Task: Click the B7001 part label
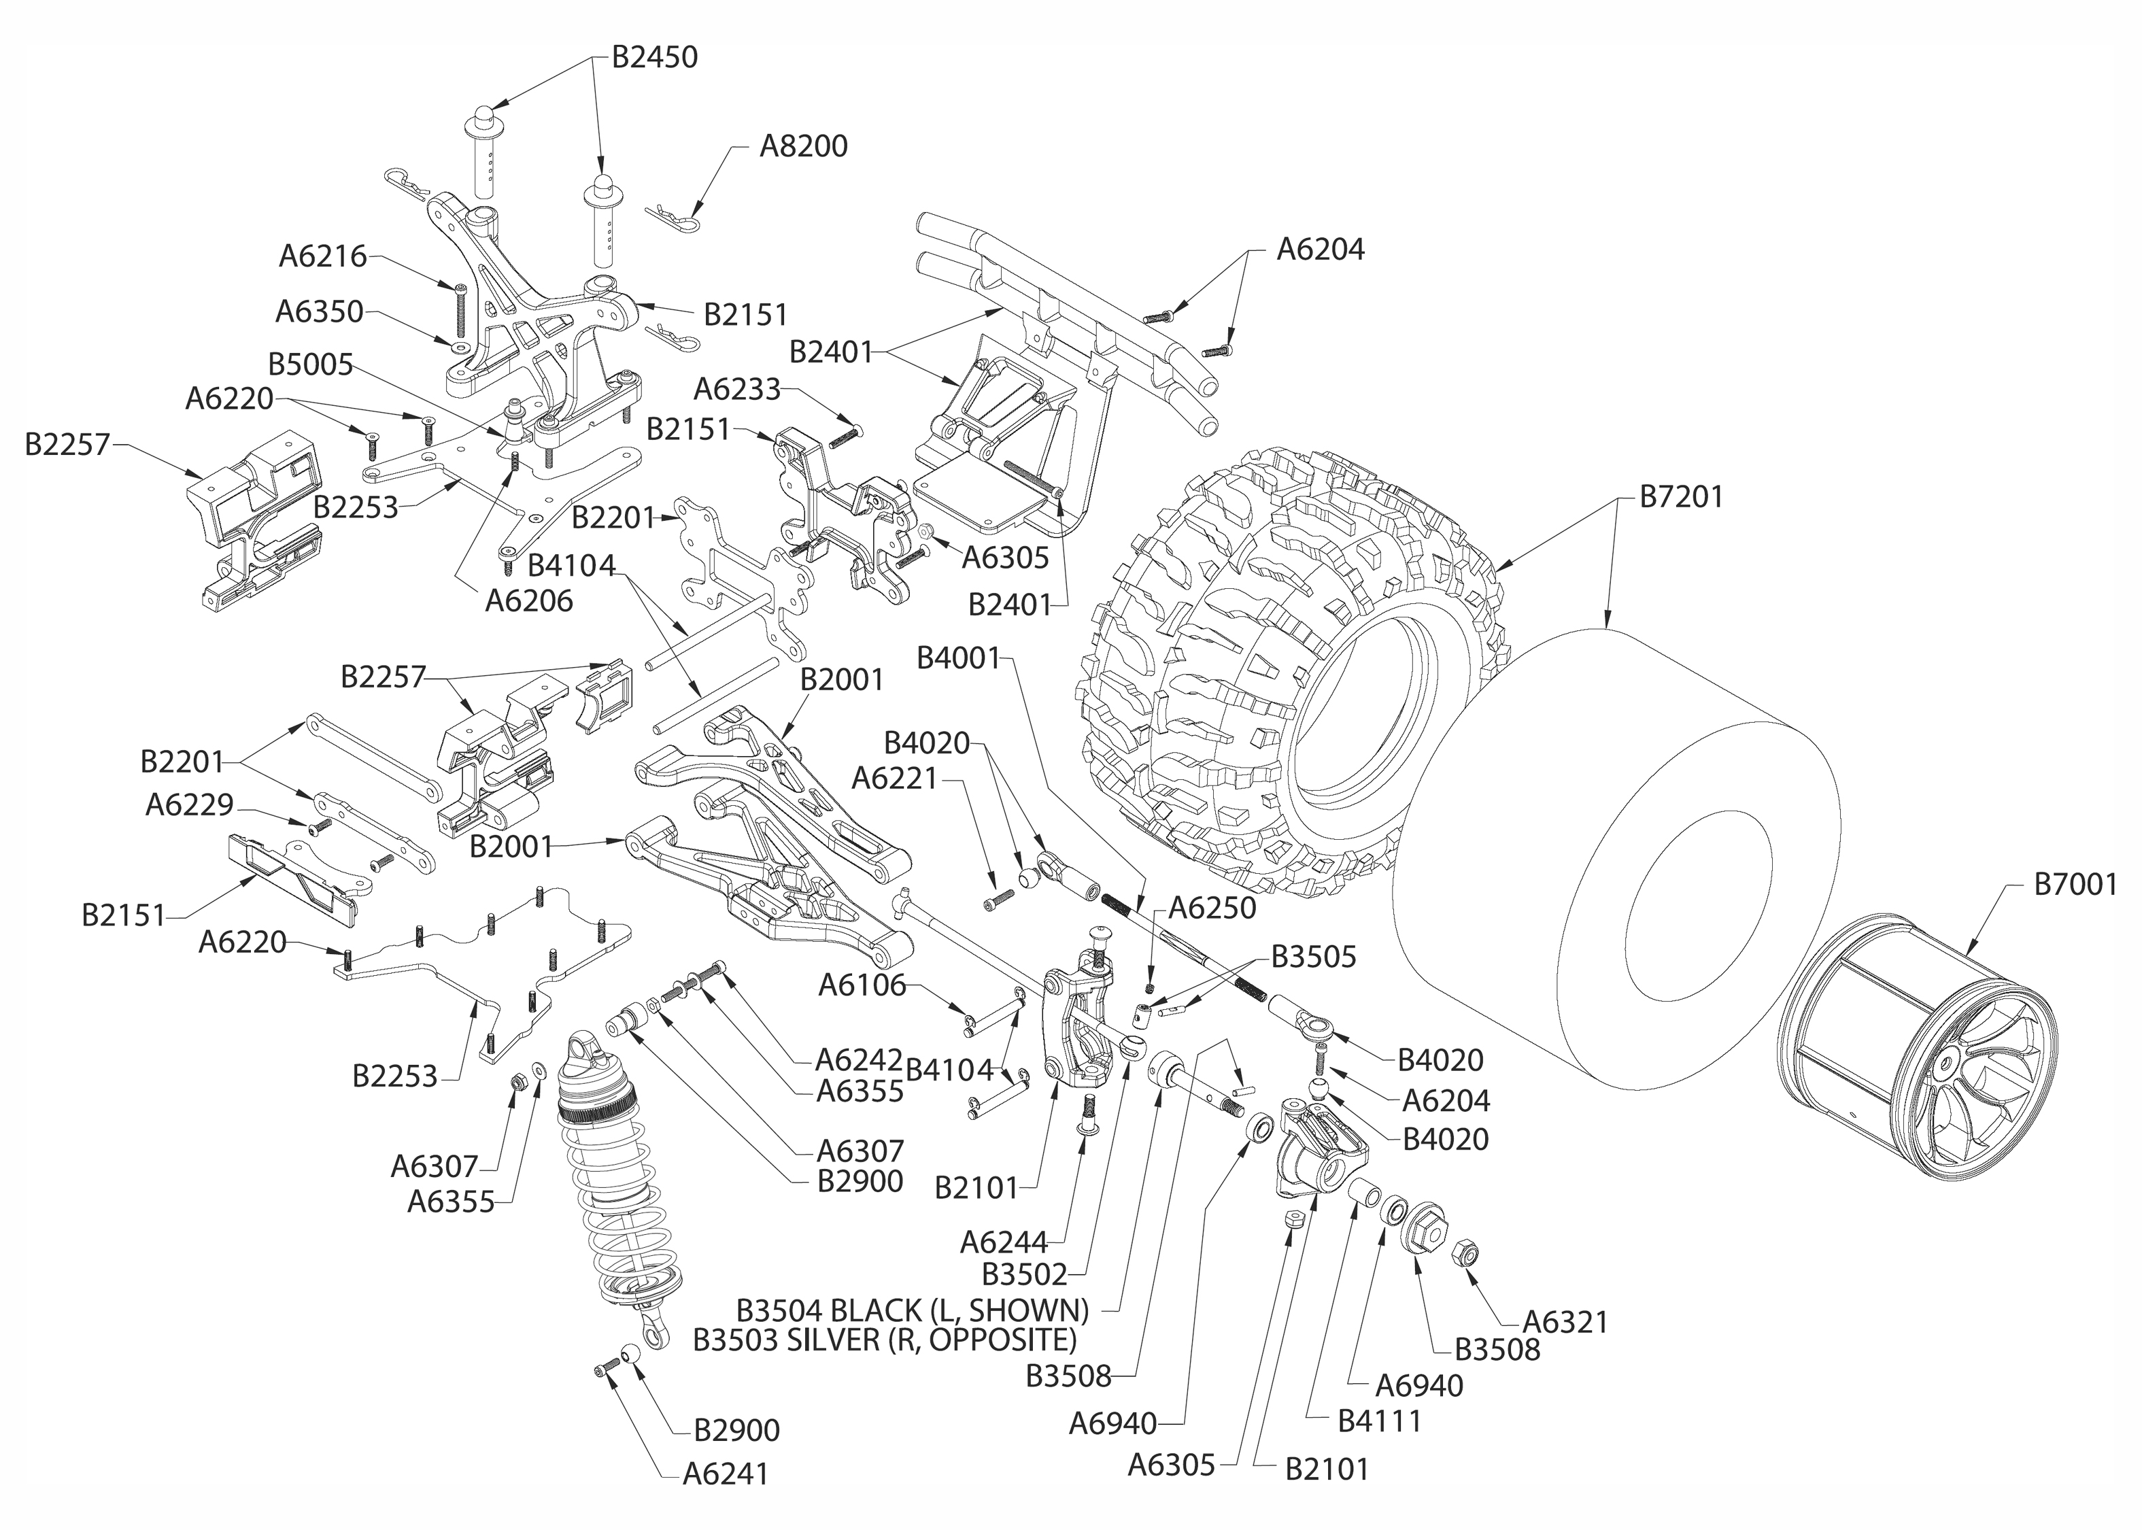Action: (2075, 885)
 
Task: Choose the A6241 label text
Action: (726, 1474)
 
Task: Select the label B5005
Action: (310, 364)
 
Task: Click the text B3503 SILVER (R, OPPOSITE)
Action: (885, 1339)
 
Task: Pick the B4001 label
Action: (958, 658)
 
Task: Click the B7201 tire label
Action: (1682, 496)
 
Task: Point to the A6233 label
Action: (738, 388)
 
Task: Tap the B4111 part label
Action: (1379, 1421)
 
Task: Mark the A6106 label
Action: (862, 985)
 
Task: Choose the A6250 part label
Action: (1212, 908)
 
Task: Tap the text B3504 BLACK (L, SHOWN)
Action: (912, 1310)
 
